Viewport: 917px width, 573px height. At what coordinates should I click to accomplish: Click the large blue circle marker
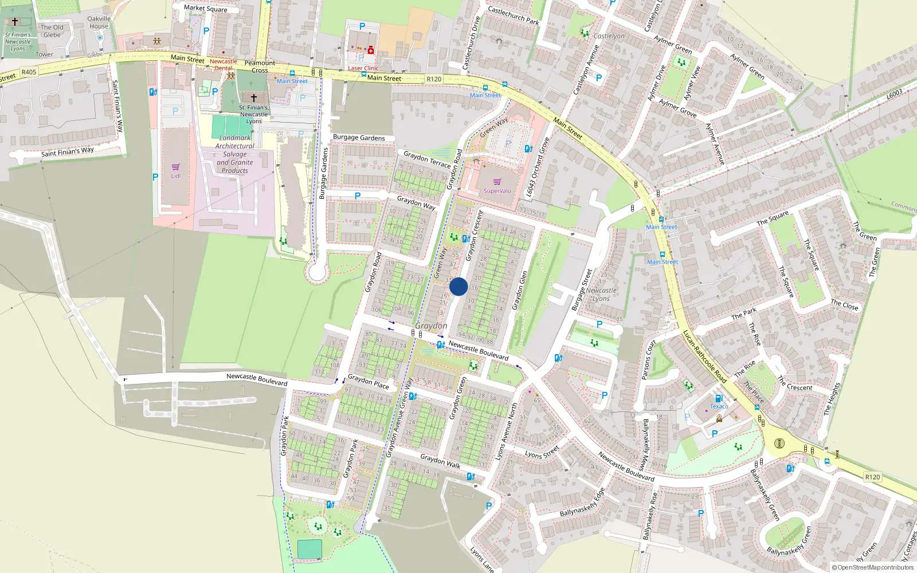point(458,286)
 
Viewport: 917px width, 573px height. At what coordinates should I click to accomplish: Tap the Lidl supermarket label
point(175,176)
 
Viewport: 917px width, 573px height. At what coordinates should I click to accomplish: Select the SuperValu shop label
point(497,191)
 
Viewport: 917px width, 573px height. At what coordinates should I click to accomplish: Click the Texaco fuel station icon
point(719,398)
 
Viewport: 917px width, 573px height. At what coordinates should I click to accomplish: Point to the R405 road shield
point(29,72)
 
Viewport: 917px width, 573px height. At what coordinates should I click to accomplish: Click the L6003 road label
point(895,94)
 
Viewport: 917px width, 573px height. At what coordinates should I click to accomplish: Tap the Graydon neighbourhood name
point(431,325)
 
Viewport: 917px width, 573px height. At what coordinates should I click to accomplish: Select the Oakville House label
point(99,22)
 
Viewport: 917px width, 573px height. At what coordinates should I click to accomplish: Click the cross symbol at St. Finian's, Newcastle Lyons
point(253,98)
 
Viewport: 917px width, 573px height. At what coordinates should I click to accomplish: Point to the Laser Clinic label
point(363,68)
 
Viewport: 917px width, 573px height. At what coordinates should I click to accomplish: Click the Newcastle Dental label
point(223,64)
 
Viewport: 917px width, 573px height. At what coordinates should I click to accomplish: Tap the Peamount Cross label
point(260,66)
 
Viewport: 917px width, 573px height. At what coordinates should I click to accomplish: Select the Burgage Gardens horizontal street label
point(359,138)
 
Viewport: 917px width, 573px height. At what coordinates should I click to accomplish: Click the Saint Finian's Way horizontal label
point(67,152)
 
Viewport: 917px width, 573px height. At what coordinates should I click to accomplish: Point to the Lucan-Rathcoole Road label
point(704,356)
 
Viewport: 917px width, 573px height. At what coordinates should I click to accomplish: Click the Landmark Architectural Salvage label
point(235,154)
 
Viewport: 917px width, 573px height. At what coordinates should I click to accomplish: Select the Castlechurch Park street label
point(513,15)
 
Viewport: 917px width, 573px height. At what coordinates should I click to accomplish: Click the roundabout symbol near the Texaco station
point(779,443)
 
